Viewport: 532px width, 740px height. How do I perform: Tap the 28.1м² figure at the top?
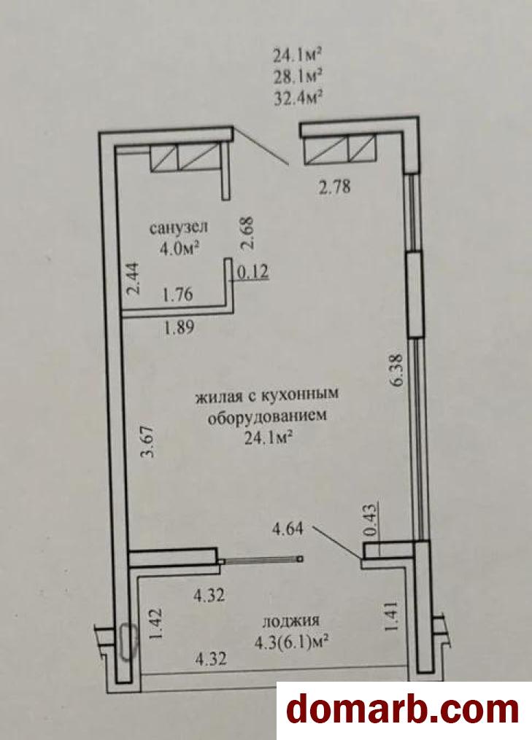tap(298, 76)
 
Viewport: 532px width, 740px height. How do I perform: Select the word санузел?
tap(179, 227)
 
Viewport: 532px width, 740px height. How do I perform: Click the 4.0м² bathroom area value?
tap(179, 248)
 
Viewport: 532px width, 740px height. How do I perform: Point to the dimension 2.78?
tap(334, 187)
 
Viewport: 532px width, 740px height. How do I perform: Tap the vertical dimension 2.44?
tap(134, 279)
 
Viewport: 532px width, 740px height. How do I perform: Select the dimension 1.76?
tap(177, 295)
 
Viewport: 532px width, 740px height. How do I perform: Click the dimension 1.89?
tap(179, 327)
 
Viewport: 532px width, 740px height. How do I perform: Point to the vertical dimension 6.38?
tap(396, 370)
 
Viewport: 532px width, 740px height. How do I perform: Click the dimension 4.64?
tap(288, 529)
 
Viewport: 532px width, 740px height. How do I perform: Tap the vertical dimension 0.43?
tap(372, 521)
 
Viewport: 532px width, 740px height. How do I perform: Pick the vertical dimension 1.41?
tap(392, 616)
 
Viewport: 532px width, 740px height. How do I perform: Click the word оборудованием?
tap(267, 417)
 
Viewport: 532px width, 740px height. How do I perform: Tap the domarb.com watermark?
tap(403, 710)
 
